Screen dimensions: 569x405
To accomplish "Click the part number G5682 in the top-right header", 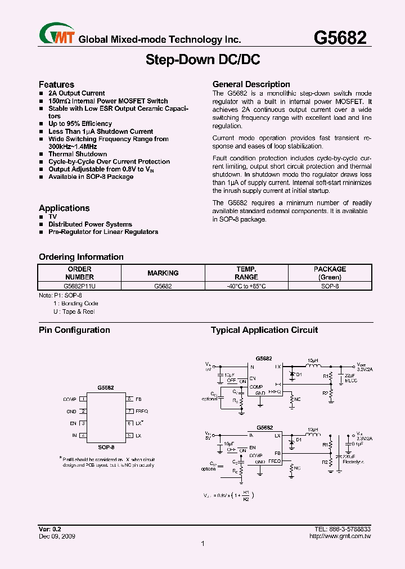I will click(340, 38).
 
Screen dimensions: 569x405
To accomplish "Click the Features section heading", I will click(56, 84).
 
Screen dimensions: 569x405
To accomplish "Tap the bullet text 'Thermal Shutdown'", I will click(78, 154).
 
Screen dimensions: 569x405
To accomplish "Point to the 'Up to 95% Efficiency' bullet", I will click(80, 124).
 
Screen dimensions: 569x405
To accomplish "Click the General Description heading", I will click(251, 84).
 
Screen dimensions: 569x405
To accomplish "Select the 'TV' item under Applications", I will click(52, 216).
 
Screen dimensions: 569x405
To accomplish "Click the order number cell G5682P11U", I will click(80, 286).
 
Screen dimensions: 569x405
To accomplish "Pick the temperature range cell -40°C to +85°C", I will click(246, 286).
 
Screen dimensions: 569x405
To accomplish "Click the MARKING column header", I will click(163, 273).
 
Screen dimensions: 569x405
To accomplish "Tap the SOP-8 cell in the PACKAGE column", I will click(330, 286).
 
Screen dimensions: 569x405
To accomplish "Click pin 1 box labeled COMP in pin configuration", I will click(83, 399).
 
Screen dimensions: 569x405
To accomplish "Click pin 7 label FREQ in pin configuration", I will click(142, 411).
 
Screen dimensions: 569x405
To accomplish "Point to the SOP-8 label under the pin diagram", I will click(106, 447).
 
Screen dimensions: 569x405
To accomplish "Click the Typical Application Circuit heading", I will click(264, 330).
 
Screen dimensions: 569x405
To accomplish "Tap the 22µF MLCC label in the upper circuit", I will click(350, 378).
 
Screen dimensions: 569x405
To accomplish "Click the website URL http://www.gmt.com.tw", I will click(340, 536).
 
